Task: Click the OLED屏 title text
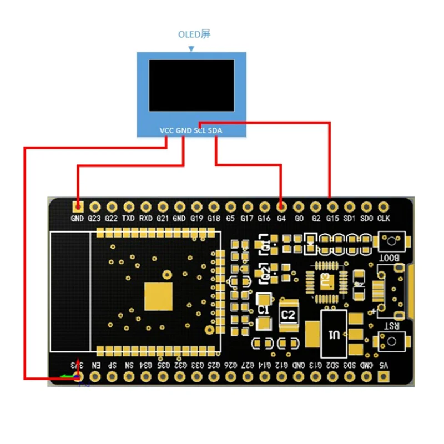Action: [x=194, y=34]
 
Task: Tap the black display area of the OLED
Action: [x=192, y=84]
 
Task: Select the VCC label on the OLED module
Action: [x=167, y=130]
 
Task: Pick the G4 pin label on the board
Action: [x=281, y=219]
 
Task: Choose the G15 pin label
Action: [x=332, y=219]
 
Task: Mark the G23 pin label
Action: [x=94, y=219]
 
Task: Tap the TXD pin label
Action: [x=128, y=219]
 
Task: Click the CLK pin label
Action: [x=384, y=219]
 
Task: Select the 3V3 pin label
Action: [x=77, y=365]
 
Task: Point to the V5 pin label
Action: [x=384, y=365]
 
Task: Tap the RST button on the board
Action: [x=392, y=340]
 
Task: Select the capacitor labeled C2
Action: [x=287, y=315]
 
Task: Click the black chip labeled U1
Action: [x=334, y=334]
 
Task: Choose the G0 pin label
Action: [x=299, y=219]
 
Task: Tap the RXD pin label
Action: [x=145, y=219]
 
